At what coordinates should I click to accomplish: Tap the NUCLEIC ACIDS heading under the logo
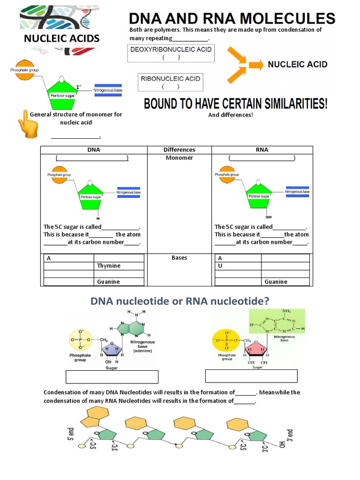61,38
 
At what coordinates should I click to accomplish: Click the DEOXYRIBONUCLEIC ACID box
171,53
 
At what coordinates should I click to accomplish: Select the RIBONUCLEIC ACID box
171,82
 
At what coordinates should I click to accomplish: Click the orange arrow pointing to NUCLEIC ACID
255,65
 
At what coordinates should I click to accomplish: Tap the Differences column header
179,150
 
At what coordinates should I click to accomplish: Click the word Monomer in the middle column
179,158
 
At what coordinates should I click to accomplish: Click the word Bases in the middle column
179,258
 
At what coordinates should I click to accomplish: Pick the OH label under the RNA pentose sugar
269,217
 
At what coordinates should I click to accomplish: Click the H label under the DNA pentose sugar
98,218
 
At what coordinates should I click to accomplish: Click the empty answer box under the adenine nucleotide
112,377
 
